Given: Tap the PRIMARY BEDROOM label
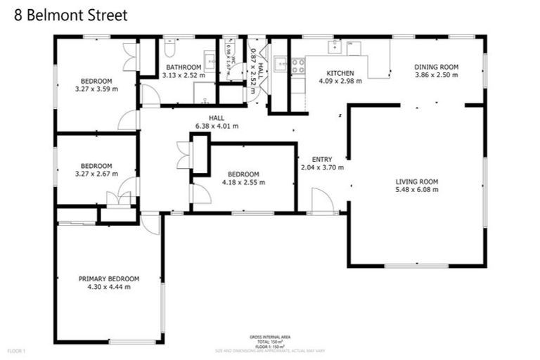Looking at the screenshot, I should pyautogui.click(x=108, y=278).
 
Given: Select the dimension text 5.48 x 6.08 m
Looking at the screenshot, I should pyautogui.click(x=416, y=190).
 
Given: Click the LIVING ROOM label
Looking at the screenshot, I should pyautogui.click(x=416, y=181).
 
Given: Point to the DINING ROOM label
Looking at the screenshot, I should pyautogui.click(x=436, y=67).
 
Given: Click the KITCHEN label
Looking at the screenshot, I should pyautogui.click(x=340, y=73).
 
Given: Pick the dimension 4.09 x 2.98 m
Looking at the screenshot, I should pyautogui.click(x=340, y=81).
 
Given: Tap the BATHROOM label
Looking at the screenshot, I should pyautogui.click(x=184, y=67).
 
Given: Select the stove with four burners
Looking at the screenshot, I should pyautogui.click(x=298, y=65).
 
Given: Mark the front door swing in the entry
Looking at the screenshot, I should pyautogui.click(x=322, y=200).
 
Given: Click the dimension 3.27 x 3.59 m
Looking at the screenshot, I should pyautogui.click(x=96, y=89).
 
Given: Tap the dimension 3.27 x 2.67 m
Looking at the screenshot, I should pyautogui.click(x=96, y=174).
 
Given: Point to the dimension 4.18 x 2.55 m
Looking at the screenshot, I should pyautogui.click(x=243, y=182).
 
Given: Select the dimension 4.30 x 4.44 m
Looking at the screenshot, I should pyautogui.click(x=108, y=287).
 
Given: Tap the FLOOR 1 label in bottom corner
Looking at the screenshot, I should pyautogui.click(x=15, y=350).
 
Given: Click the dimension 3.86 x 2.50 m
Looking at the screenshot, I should pyautogui.click(x=436, y=75).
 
